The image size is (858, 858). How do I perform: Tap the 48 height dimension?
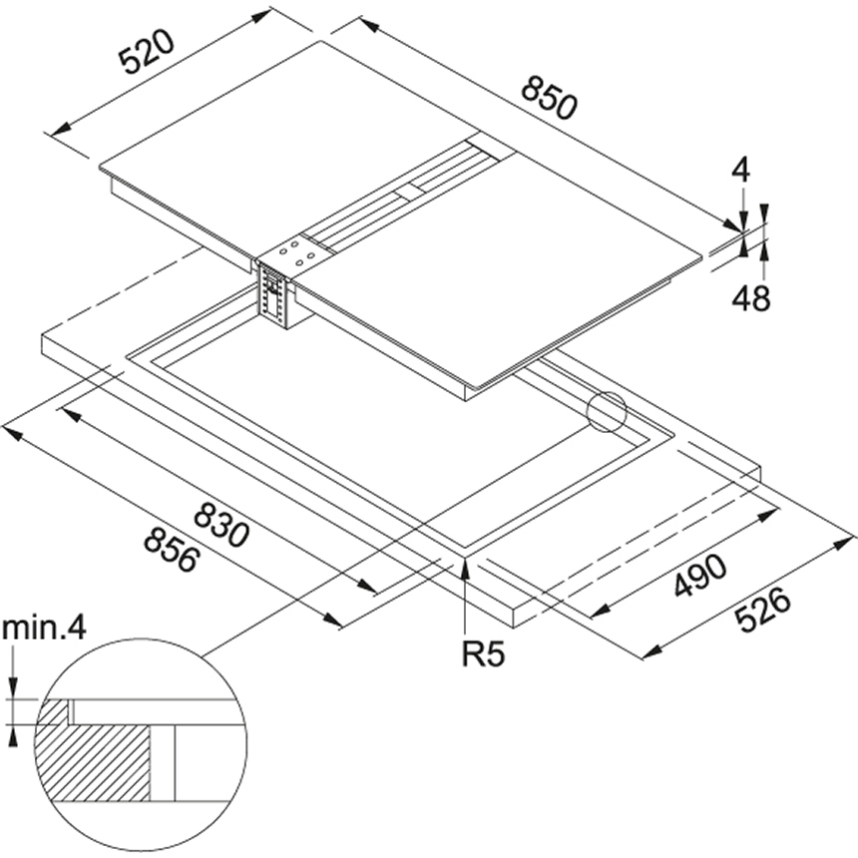[751, 297]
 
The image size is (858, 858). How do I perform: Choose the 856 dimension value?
[171, 549]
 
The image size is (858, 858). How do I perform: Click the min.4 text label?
[44, 629]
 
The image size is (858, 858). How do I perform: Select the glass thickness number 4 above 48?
[739, 171]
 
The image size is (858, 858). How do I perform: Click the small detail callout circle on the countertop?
[607, 412]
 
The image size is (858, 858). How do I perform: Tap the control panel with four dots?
[296, 253]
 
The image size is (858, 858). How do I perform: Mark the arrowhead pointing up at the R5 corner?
[467, 570]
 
